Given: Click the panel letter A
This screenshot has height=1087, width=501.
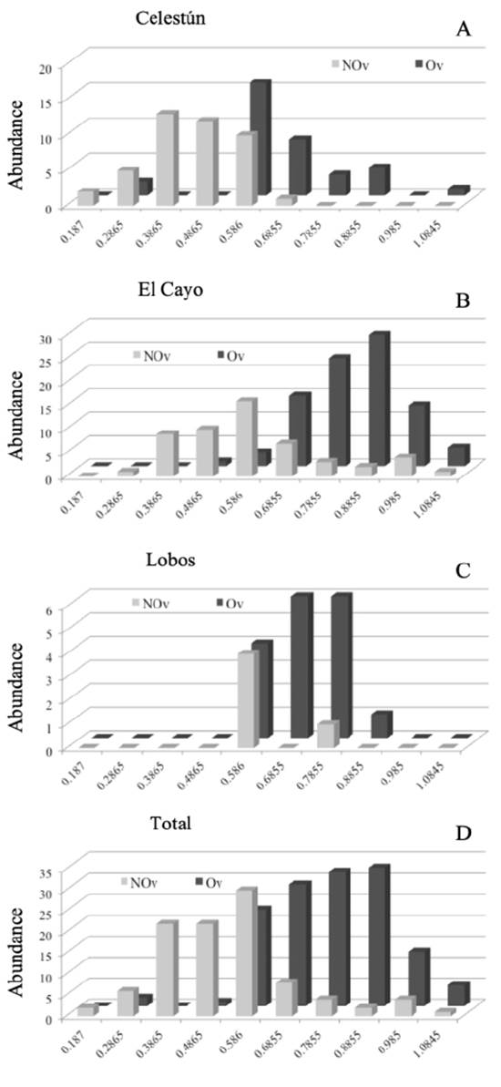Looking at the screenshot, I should tap(463, 30).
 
